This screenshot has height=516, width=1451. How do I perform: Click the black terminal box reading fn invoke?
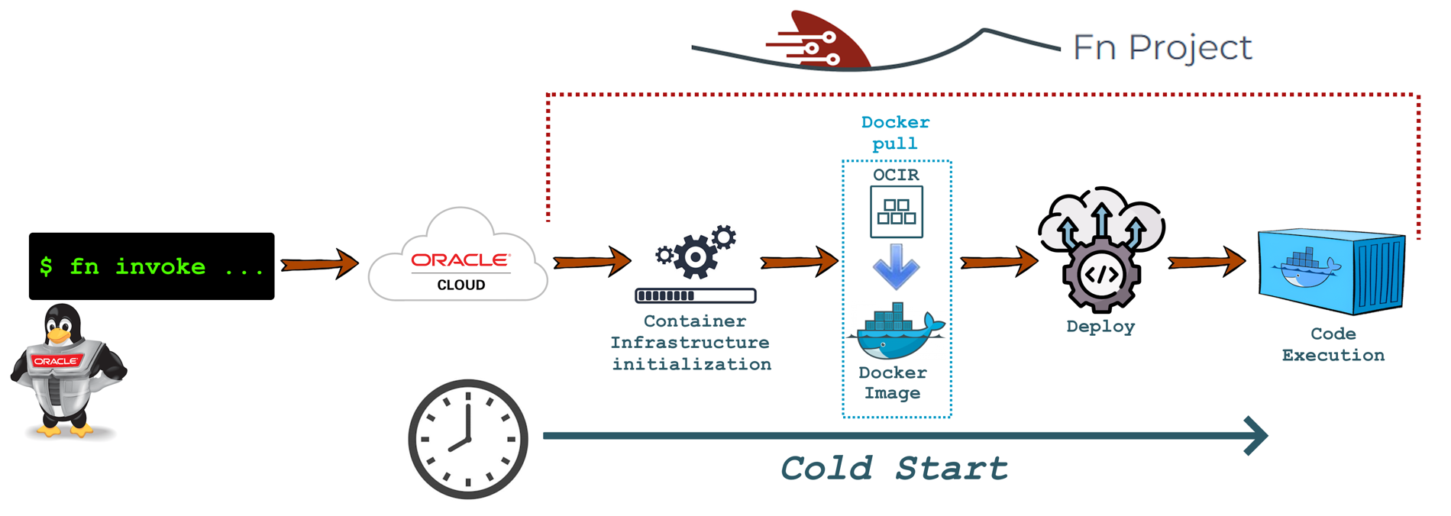point(151,266)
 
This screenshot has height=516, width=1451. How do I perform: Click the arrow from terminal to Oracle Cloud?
point(320,264)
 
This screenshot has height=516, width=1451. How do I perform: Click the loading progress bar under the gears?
point(695,295)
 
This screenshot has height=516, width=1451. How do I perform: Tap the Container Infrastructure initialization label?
point(691,343)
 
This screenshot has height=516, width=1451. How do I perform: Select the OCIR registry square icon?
point(897,212)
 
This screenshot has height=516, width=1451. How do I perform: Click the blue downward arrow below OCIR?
point(896,266)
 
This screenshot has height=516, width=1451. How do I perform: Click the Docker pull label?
point(895,133)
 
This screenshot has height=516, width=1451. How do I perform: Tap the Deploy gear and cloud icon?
point(1100,249)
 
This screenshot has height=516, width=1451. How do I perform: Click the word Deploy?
point(1100,327)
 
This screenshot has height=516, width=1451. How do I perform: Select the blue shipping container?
point(1332,271)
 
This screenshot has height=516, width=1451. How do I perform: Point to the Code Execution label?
point(1333,344)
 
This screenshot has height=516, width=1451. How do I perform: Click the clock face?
point(468,439)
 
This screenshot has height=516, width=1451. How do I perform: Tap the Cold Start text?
point(894,468)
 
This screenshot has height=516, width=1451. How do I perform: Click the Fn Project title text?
point(1162,47)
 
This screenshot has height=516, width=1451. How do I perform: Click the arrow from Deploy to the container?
point(1207,262)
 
